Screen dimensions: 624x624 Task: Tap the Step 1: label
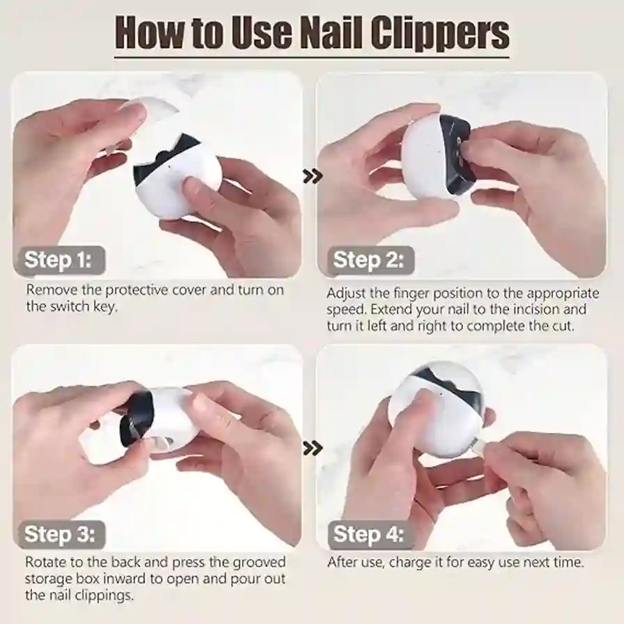[x=58, y=261]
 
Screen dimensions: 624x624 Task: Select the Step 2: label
[x=368, y=261]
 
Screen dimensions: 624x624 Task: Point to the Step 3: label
[x=58, y=534]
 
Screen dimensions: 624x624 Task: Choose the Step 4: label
[x=368, y=534]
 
